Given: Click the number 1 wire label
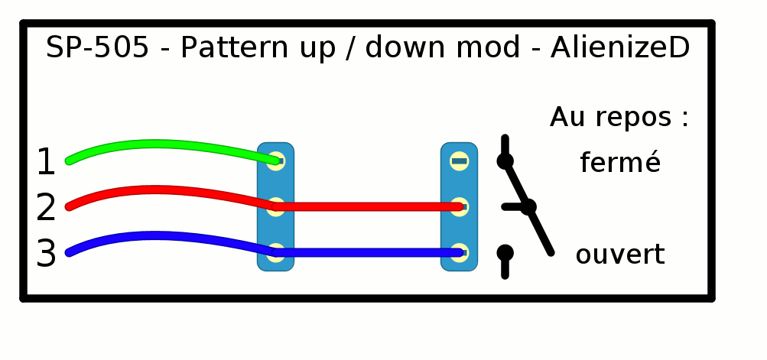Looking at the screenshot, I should (46, 162).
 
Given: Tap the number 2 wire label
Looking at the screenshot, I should (46, 208).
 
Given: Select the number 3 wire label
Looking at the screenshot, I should (46, 254).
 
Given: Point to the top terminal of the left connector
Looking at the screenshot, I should (276, 161).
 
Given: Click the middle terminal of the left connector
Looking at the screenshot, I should (276, 206).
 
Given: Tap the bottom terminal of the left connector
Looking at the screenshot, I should (276, 252).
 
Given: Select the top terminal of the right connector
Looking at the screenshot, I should (459, 161).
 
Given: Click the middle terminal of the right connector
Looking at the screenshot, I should (459, 206).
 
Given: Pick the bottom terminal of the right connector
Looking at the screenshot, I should (459, 252).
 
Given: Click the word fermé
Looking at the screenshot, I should (619, 163).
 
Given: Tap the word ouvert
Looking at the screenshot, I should (619, 255).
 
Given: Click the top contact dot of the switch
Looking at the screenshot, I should (505, 161).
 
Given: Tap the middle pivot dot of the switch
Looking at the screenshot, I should (528, 206).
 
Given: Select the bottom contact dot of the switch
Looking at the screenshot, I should (505, 252).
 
